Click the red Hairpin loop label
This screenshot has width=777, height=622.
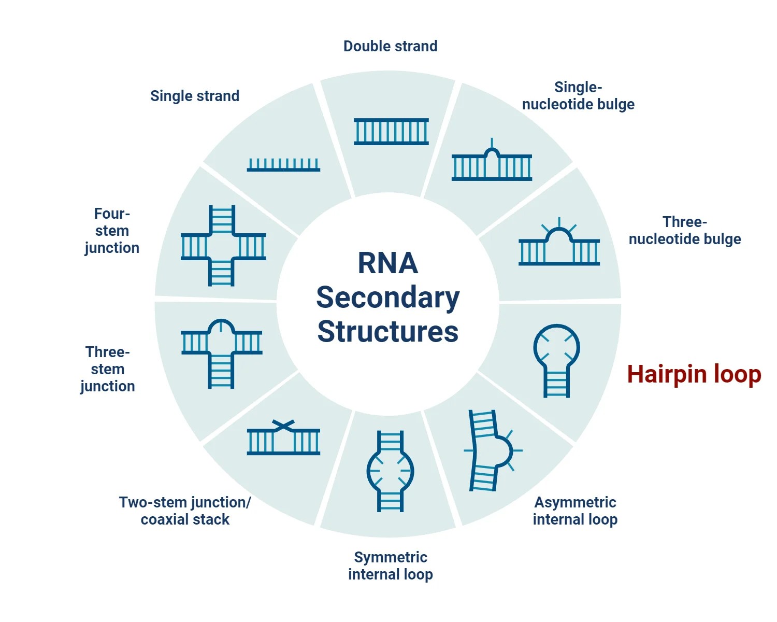click(x=694, y=374)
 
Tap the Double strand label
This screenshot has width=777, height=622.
click(x=390, y=46)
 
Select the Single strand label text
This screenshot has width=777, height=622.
click(x=195, y=96)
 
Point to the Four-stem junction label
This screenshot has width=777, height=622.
click(x=112, y=231)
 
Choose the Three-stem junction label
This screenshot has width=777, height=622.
click(x=108, y=369)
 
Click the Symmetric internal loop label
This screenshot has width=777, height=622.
click(x=391, y=566)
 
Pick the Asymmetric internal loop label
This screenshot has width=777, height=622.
click(x=575, y=511)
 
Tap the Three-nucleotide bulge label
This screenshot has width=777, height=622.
click(x=685, y=231)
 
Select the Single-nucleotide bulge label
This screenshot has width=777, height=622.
click(x=578, y=95)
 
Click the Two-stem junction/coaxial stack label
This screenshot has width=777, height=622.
click(x=185, y=511)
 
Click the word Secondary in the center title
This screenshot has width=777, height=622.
click(x=388, y=298)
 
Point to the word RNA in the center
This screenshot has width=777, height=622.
click(x=388, y=263)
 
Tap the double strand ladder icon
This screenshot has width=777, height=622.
click(x=391, y=132)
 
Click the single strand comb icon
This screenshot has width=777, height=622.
click(x=283, y=165)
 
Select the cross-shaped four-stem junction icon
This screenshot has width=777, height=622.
click(x=223, y=246)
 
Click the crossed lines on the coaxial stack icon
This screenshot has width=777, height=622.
click(x=283, y=426)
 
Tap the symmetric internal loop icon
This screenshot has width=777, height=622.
click(x=390, y=471)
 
